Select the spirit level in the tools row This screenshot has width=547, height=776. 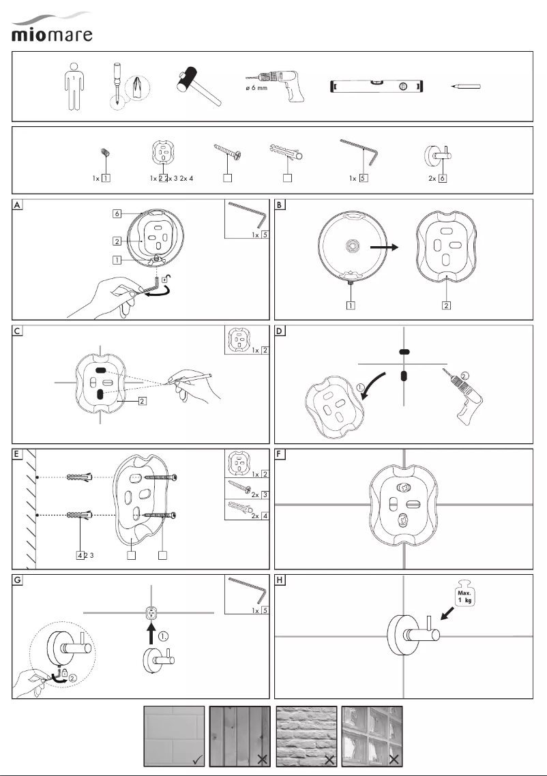pos(377,87)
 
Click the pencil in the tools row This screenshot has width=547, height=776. pos(465,87)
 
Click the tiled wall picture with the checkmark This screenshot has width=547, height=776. pos(174,736)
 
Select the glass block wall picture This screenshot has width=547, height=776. pos(372,736)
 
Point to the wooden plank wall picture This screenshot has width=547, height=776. pos(240,736)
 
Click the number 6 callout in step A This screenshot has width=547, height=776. pos(118,213)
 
